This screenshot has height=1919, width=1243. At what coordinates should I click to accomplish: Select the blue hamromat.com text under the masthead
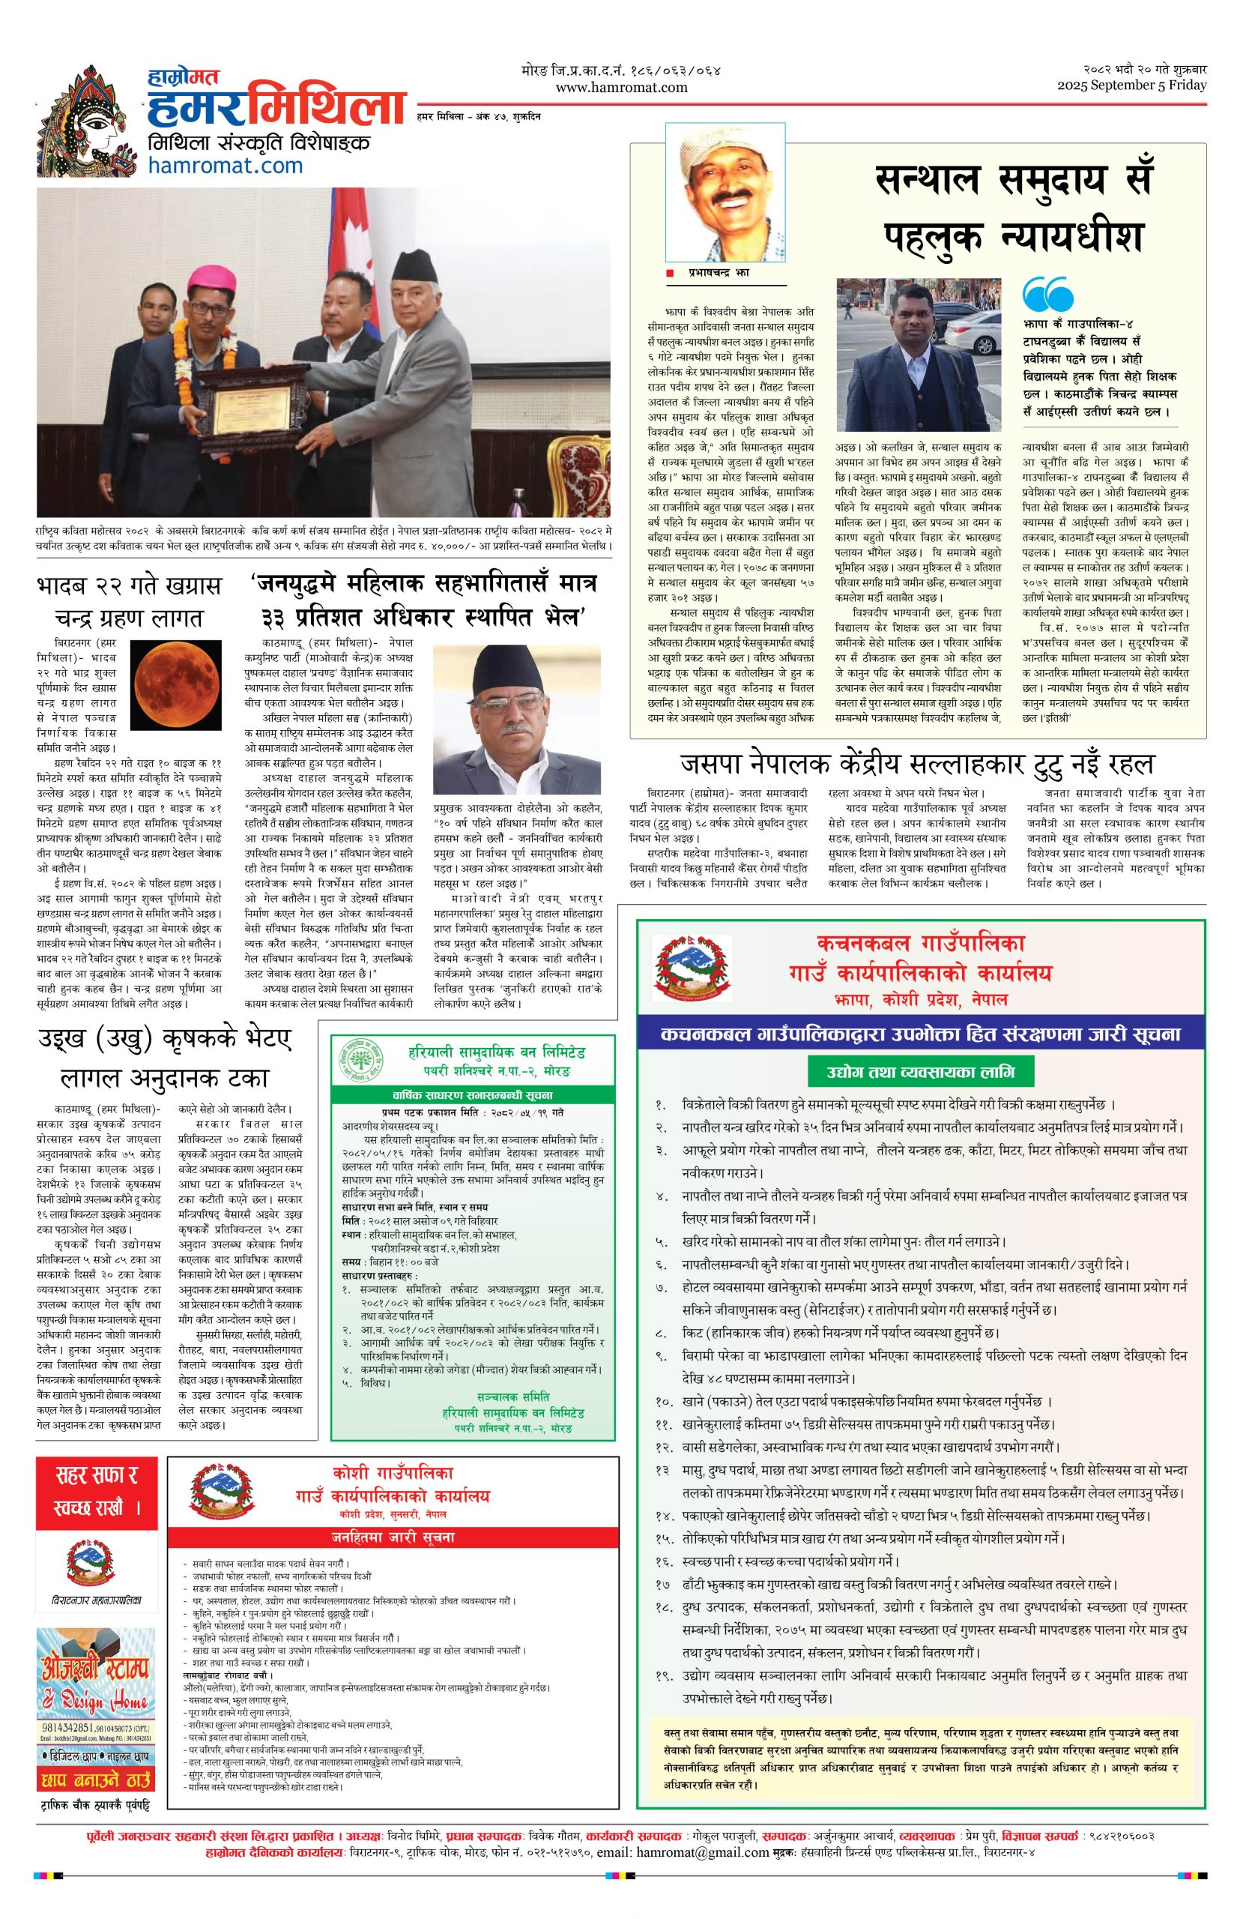click(226, 166)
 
